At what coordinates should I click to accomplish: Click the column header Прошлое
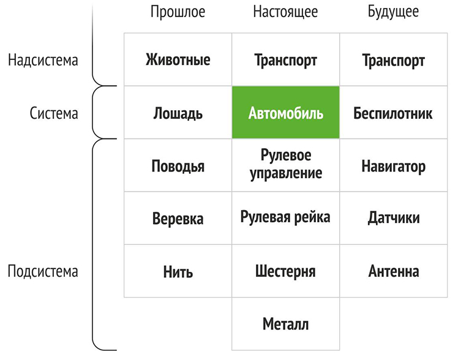coord(178,12)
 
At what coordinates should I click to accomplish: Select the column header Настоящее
coord(285,12)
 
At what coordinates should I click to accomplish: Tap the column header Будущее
coord(393,12)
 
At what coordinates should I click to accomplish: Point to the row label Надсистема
coord(43,61)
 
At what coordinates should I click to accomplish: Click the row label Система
coord(54,113)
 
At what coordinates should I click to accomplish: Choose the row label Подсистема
coord(43,271)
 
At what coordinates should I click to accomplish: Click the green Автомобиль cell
coord(286,113)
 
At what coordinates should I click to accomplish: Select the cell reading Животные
coord(178,59)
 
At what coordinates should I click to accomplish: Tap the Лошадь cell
coord(178,113)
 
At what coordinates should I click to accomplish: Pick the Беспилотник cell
coord(393,113)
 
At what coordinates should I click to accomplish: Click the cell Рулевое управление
coord(286,165)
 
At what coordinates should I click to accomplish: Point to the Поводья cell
coord(178,165)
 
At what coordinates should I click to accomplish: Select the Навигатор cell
coord(393,165)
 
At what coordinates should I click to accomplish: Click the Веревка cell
coord(178,218)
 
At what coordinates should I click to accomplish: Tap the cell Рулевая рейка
coord(286,218)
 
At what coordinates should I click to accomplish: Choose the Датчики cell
coord(393,218)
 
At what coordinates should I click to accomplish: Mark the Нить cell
coord(178,271)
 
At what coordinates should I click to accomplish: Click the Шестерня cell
coord(286,271)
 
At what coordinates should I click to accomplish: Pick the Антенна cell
coord(393,271)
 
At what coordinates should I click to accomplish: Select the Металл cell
coord(286,324)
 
